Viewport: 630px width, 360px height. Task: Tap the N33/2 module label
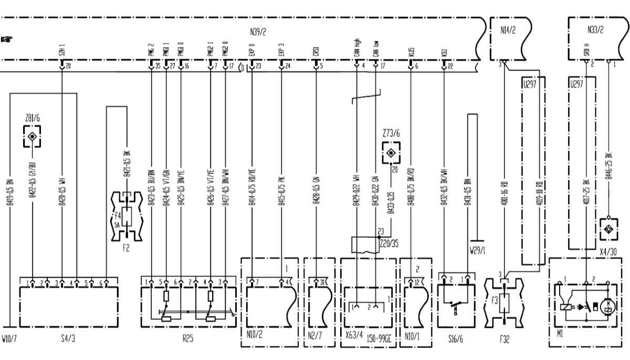[x=595, y=30]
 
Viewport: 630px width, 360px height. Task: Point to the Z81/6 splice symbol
[x=33, y=136]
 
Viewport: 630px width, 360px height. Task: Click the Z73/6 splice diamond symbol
[x=391, y=153]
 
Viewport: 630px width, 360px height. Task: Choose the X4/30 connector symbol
[x=608, y=229]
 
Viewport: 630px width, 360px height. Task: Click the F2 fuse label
[x=126, y=248]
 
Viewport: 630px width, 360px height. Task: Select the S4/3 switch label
[x=68, y=338]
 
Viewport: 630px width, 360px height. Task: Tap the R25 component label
[x=187, y=338]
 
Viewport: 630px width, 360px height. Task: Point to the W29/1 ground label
[x=477, y=250]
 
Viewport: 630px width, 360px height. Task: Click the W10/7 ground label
[x=9, y=338]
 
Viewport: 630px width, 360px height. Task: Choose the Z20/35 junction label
[x=388, y=243]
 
